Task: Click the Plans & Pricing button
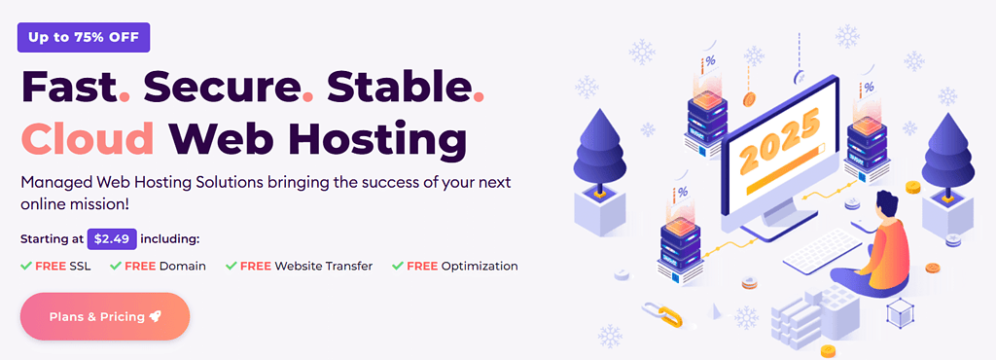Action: coord(105,316)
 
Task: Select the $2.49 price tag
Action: coord(112,238)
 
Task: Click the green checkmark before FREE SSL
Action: coord(25,266)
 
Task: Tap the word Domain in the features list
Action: coord(183,266)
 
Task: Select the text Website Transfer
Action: coord(323,266)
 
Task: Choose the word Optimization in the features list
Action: coord(479,266)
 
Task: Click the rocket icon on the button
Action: coord(156,316)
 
